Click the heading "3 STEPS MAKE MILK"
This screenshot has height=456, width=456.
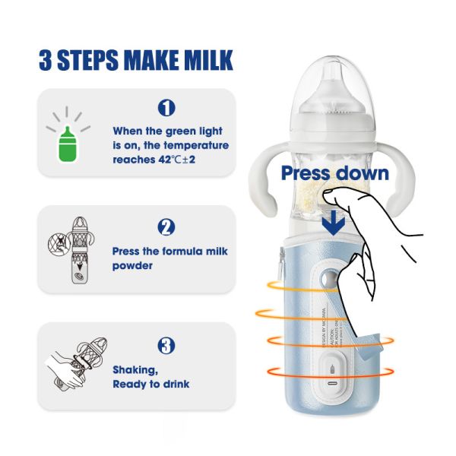click(x=135, y=60)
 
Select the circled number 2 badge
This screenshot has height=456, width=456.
click(x=166, y=226)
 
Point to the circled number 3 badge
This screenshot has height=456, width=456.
click(x=166, y=345)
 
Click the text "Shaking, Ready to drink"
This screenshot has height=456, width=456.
click(x=150, y=377)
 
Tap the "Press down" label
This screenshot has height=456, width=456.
click(x=334, y=173)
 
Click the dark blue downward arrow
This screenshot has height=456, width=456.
click(x=333, y=223)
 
